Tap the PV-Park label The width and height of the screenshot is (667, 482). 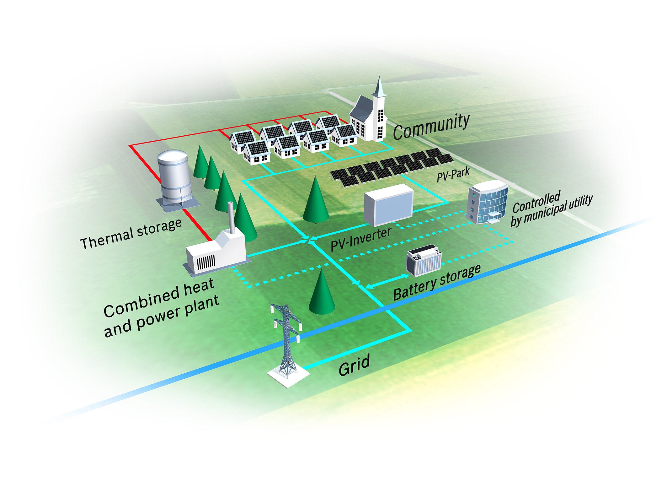[x=453, y=174]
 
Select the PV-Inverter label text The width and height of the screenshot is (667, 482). [x=361, y=239]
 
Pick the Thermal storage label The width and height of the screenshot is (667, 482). [x=131, y=234]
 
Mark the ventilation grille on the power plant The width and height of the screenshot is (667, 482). [x=206, y=263]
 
